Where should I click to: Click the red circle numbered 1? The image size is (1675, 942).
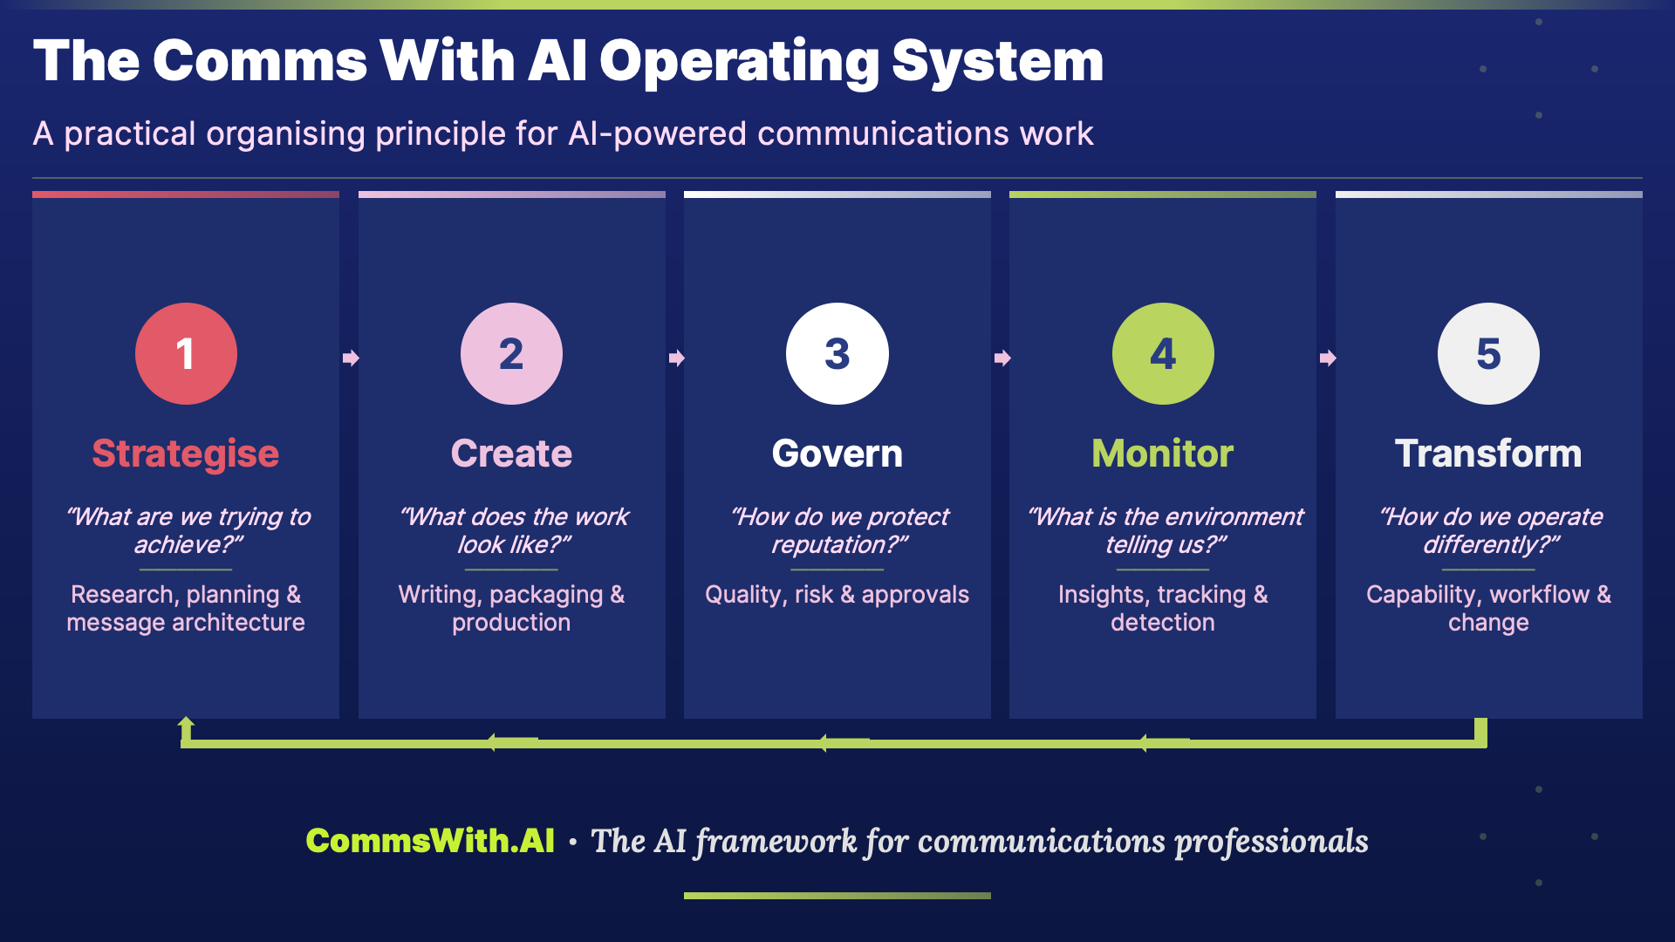pos(186,353)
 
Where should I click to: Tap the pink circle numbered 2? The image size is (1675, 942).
pos(511,353)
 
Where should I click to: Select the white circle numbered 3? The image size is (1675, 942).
pos(837,353)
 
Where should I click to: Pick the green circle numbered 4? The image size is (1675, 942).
pos(1162,353)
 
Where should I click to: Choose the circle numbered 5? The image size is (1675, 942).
pos(1488,353)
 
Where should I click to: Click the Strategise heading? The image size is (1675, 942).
pos(186,454)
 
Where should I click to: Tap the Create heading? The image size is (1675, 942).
pos(511,454)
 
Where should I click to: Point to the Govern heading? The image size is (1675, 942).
pos(837,454)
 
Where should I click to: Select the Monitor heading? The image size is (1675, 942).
pos(1162,454)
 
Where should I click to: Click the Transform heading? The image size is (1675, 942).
pos(1488,454)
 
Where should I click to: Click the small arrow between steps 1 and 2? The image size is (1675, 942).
pos(351,358)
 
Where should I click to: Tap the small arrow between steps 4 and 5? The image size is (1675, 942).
pos(1328,358)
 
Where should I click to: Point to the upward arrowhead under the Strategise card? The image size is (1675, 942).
pos(186,725)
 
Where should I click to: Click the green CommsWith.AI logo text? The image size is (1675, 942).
pos(430,841)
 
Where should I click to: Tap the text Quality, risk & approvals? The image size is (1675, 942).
pos(837,595)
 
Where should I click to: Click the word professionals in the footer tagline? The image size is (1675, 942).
pos(1271,841)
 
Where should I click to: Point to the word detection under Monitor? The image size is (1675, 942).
pos(1162,623)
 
